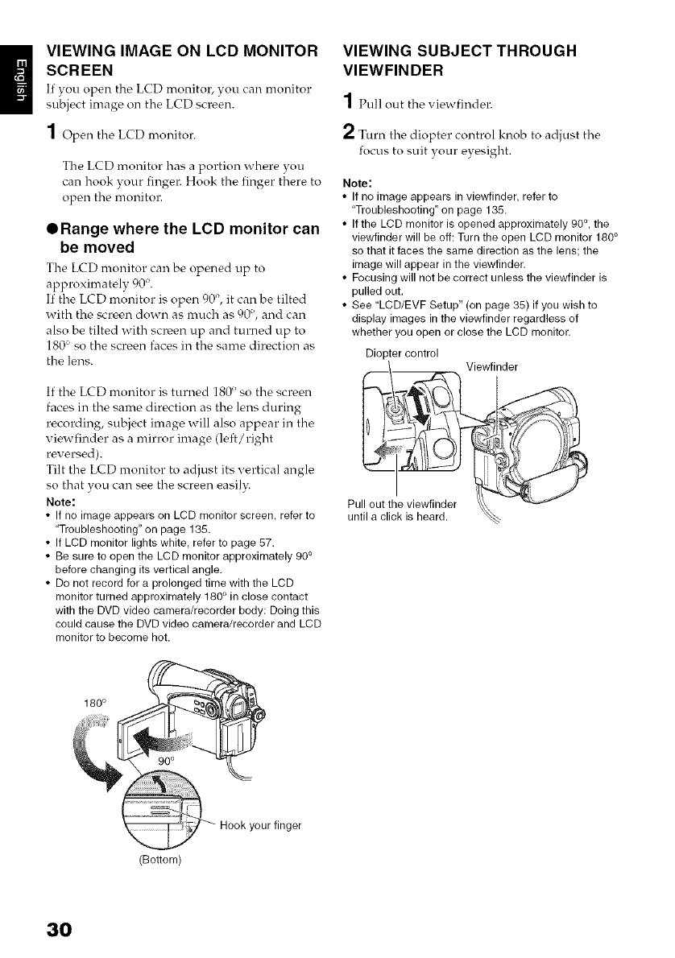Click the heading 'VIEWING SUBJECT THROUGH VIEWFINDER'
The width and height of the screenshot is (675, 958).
pyautogui.click(x=460, y=60)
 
